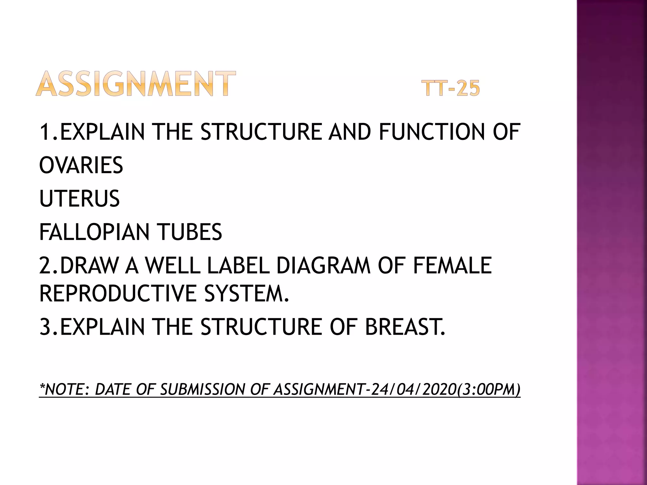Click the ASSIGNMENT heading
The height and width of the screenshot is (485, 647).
[136, 84]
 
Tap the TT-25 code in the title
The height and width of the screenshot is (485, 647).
[450, 88]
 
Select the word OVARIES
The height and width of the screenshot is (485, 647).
[81, 165]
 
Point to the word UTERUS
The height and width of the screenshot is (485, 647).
[79, 199]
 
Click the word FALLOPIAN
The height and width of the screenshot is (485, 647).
[94, 232]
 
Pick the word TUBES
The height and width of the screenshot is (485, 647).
[190, 232]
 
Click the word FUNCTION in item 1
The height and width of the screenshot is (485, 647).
[432, 132]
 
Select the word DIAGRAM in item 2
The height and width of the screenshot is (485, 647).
[323, 265]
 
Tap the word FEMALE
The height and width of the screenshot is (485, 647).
[452, 265]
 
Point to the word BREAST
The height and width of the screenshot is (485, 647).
[405, 326]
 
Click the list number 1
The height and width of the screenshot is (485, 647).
[46, 132]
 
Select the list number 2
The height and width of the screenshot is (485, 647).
[46, 265]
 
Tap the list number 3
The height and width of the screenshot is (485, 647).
[46, 326]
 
